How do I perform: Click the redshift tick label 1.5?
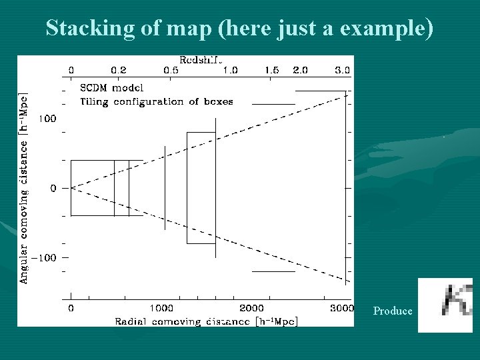pyautogui.click(x=271, y=70)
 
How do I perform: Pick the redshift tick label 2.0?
pyautogui.click(x=301, y=70)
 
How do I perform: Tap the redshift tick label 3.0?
pyautogui.click(x=343, y=70)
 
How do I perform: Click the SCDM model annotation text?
pyautogui.click(x=111, y=87)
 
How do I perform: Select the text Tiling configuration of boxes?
pyautogui.click(x=157, y=102)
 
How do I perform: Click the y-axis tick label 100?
pyautogui.click(x=47, y=119)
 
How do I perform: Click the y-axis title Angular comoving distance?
pyautogui.click(x=24, y=188)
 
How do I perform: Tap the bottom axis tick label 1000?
pyautogui.click(x=161, y=309)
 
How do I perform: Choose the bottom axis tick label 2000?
pyautogui.click(x=251, y=309)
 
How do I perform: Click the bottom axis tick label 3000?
pyautogui.click(x=341, y=309)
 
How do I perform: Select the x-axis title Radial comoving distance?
pyautogui.click(x=206, y=321)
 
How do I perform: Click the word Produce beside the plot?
pyautogui.click(x=393, y=311)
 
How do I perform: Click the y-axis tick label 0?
pyautogui.click(x=53, y=189)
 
